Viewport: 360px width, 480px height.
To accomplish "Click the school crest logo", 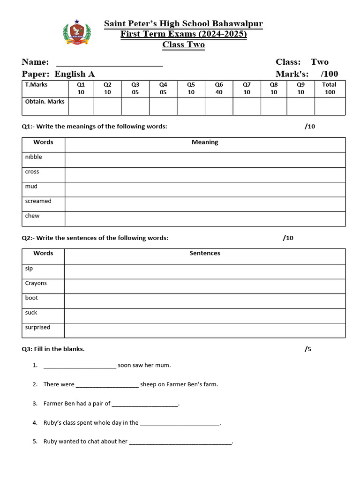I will point(76,33).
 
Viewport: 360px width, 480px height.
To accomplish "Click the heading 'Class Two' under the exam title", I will point(183,45).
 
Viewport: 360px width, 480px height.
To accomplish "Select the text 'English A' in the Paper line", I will point(75,74).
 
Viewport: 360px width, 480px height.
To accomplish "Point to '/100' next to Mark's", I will point(329,74).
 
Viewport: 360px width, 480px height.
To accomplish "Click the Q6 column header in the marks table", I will point(219,89).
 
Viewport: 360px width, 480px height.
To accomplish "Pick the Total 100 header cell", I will point(330,89).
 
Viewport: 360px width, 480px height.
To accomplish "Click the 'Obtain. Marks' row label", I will point(45,102).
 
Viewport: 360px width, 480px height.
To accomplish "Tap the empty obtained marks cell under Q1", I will point(81,106).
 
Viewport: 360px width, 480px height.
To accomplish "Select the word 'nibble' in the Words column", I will point(34,157).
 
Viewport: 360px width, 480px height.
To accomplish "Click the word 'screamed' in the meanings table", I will point(38,201).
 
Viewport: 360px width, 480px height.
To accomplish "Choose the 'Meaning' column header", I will point(205,142).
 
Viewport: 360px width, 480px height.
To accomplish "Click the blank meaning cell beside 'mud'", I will point(205,189).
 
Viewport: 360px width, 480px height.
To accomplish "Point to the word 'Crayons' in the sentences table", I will point(36,283).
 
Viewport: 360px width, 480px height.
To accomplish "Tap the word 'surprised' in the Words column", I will point(37,327).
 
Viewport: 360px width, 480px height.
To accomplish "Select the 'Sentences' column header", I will point(205,253).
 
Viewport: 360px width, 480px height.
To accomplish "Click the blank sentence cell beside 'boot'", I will point(205,301).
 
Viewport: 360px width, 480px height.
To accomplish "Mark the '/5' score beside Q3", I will point(308,349).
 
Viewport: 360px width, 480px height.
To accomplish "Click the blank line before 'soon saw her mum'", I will point(80,366).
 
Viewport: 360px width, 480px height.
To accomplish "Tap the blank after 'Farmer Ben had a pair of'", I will point(145,404).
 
